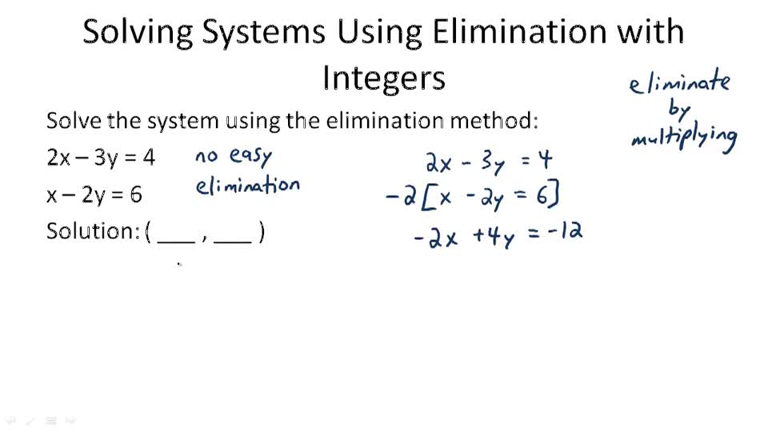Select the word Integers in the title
(383, 78)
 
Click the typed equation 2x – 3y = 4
(101, 157)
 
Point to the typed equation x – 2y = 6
(94, 194)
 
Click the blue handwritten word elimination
(247, 186)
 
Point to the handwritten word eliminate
(679, 82)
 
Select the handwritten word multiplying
(684, 138)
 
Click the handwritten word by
(678, 110)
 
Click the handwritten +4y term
(492, 238)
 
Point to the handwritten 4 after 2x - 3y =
(544, 161)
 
